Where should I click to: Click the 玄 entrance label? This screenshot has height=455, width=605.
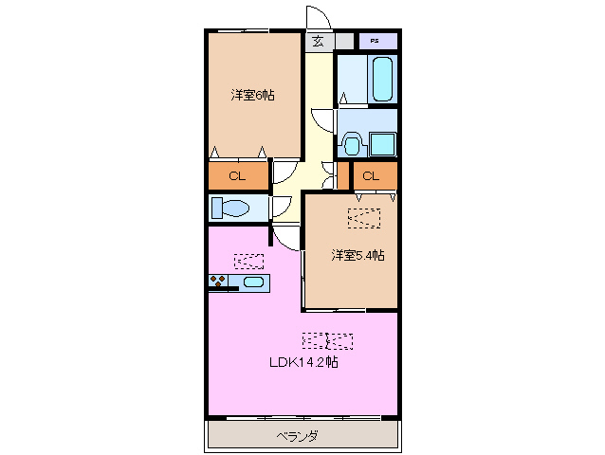(x=318, y=41)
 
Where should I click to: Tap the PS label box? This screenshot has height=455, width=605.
(x=376, y=42)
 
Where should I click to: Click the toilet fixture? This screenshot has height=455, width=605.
(x=230, y=207)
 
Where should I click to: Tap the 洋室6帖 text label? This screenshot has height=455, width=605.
(x=252, y=95)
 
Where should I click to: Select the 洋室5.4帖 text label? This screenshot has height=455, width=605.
(x=357, y=255)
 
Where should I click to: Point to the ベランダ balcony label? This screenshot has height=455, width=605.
(x=297, y=436)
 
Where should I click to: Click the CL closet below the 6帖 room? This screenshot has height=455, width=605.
(x=237, y=175)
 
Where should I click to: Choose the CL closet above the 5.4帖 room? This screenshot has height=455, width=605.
(x=370, y=175)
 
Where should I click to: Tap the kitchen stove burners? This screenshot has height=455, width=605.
(x=219, y=282)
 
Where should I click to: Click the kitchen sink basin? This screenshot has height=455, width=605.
(x=252, y=282)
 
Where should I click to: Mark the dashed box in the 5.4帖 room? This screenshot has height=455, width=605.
(x=364, y=217)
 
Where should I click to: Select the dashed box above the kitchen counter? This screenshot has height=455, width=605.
(x=249, y=259)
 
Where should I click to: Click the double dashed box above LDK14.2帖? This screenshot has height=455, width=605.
(x=327, y=338)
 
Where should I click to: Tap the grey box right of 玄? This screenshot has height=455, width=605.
(x=341, y=42)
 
